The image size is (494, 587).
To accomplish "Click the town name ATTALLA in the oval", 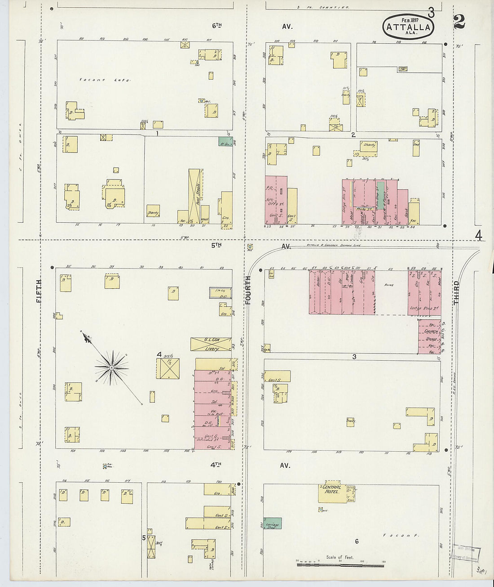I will coord(408,27).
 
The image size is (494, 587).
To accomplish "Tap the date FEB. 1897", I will coord(410,20).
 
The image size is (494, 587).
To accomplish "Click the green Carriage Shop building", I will coord(273,524).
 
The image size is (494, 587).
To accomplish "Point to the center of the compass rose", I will coord(111,367).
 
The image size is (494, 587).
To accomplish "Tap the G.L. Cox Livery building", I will coord(211,345).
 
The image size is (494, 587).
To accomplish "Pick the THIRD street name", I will coord(456,293).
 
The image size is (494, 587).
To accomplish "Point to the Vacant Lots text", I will coord(105,80).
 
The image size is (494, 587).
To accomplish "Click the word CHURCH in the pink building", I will coord(430,332).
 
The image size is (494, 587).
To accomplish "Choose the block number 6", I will coord(357,542).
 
